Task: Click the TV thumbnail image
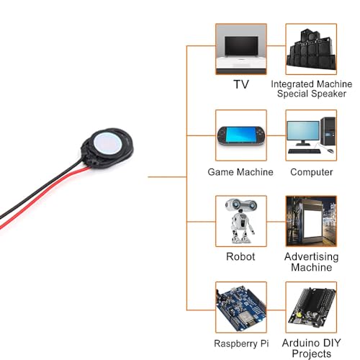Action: (241, 49)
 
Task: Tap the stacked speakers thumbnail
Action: (311, 49)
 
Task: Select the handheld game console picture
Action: (241, 135)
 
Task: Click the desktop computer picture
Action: (311, 135)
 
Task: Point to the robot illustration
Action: (241, 221)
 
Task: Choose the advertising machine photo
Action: (311, 221)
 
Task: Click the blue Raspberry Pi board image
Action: (241, 307)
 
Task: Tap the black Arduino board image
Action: (311, 307)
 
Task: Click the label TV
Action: (241, 84)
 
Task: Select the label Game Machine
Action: (240, 172)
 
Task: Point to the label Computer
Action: (312, 172)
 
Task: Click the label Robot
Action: (240, 256)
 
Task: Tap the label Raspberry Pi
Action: (241, 343)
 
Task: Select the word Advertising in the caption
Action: (312, 257)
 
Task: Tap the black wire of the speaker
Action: (41, 189)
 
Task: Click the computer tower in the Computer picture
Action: (328, 131)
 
